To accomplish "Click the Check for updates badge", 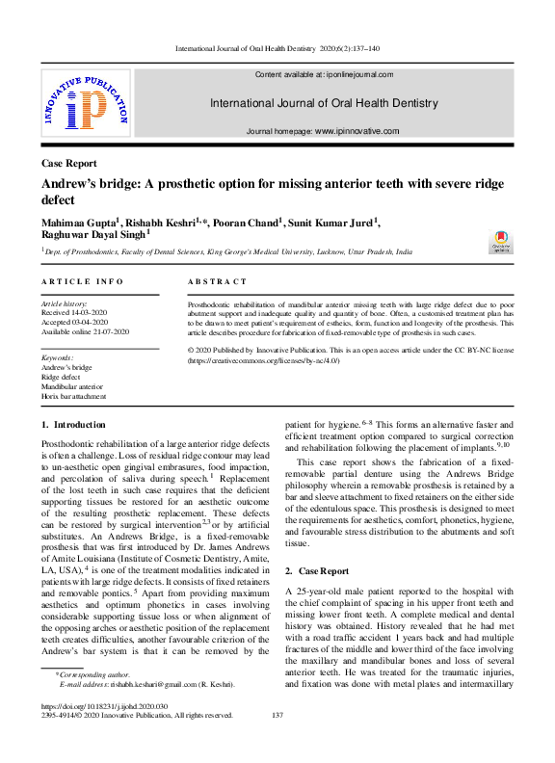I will click(x=500, y=242).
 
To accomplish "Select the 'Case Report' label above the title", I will click(x=68, y=164).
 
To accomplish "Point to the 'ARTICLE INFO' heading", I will click(x=83, y=281).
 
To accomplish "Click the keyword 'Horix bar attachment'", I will click(x=73, y=396).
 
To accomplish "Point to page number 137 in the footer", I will click(x=277, y=715).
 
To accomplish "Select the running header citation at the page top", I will click(x=277, y=48).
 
